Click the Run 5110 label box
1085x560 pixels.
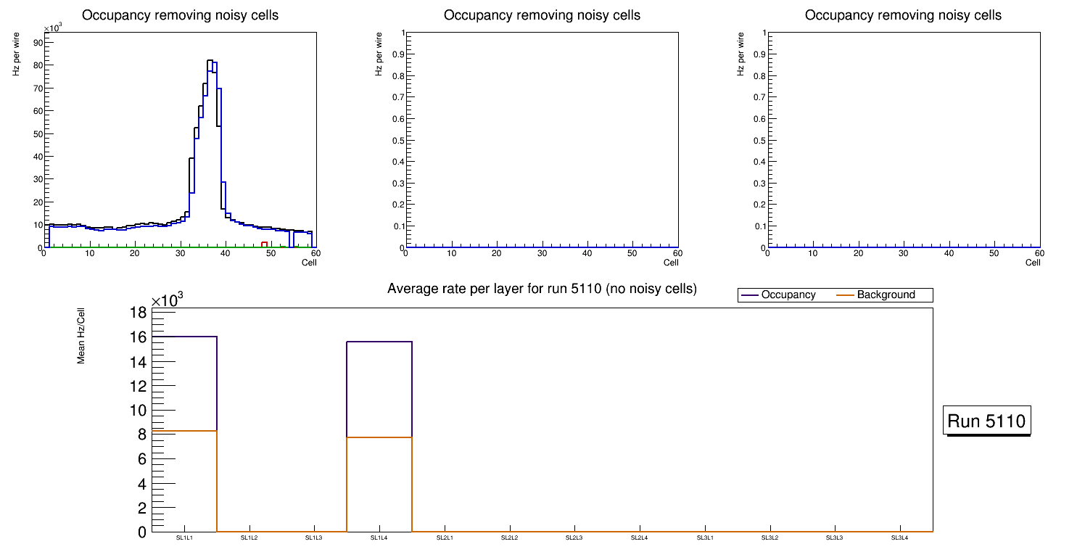point(986,421)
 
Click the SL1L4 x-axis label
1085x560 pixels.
point(379,538)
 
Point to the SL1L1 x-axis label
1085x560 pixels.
point(184,538)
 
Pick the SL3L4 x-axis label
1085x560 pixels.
point(899,538)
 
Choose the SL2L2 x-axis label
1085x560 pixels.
point(509,538)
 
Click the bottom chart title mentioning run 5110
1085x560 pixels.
point(542,289)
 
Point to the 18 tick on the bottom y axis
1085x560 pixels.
point(138,313)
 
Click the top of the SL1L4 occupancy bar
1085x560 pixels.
point(379,342)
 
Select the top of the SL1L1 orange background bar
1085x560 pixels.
point(184,431)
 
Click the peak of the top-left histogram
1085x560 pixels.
point(210,60)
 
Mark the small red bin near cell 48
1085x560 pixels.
point(265,244)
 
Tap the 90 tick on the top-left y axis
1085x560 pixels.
point(38,42)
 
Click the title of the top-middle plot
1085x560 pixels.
point(542,15)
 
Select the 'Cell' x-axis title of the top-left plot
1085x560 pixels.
point(309,263)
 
